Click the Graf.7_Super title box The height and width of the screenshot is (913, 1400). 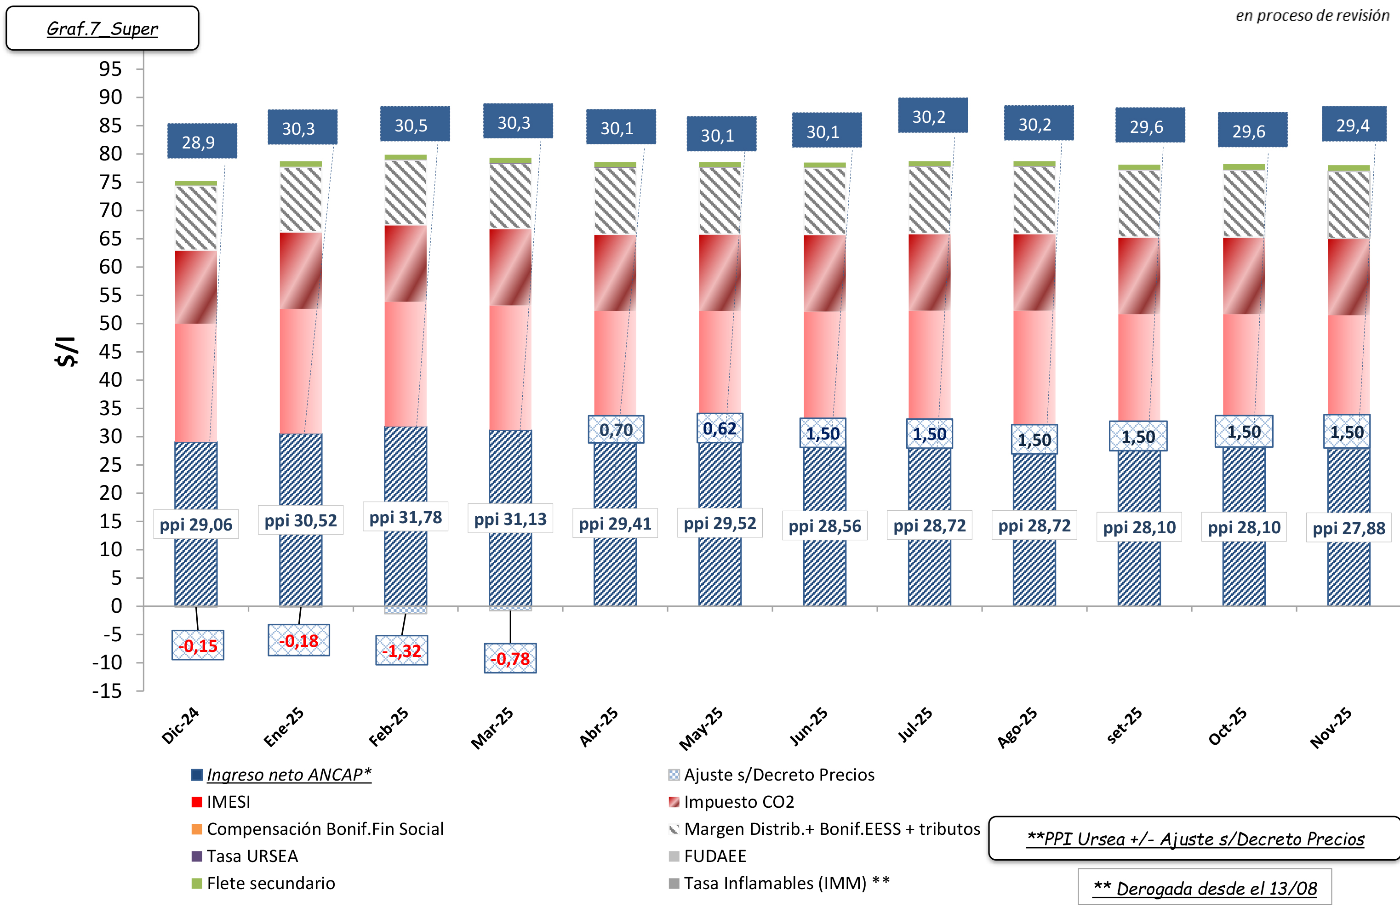click(x=103, y=28)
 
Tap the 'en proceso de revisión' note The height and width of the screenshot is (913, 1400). click(x=1312, y=15)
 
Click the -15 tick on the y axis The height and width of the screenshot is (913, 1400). click(x=107, y=690)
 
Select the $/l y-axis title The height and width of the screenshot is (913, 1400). click(x=67, y=352)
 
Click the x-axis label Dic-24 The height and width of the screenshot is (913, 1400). click(x=181, y=726)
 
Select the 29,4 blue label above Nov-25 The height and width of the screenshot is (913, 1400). click(x=1354, y=124)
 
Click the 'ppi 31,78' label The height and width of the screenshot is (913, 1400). click(x=406, y=517)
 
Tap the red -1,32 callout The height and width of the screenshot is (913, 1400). click(x=402, y=651)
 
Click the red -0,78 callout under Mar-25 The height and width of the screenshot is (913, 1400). click(x=510, y=658)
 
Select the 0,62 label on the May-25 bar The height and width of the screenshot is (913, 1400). click(x=720, y=428)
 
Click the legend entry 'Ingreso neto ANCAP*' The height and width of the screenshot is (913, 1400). click(x=288, y=775)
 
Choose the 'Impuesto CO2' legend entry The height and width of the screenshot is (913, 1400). click(x=739, y=802)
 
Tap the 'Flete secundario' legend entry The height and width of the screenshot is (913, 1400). click(x=271, y=883)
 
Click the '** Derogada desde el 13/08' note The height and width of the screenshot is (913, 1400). click(x=1204, y=888)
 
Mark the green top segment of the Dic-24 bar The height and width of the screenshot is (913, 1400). click(x=196, y=183)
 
